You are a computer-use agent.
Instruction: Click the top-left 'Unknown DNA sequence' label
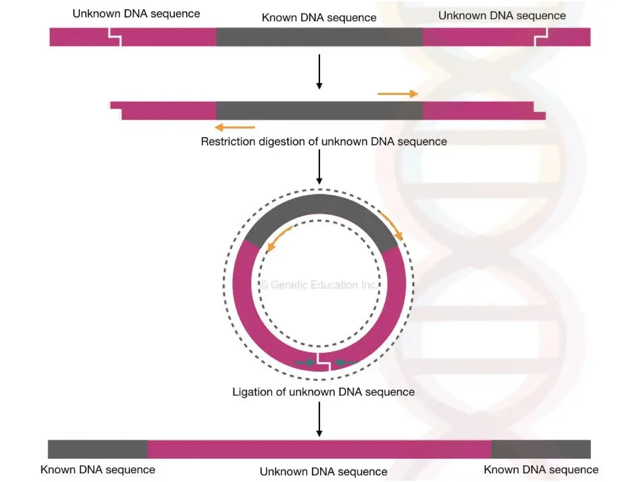[x=136, y=14]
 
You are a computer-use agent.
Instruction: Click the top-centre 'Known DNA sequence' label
[x=319, y=18]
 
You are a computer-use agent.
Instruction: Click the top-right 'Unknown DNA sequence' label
[x=502, y=15]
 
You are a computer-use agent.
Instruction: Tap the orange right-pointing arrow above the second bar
[x=397, y=94]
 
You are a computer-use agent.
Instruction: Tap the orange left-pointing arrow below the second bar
[x=235, y=127]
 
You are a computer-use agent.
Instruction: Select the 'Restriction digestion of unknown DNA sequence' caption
[x=324, y=142]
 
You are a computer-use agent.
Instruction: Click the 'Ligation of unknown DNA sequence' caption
[x=323, y=392]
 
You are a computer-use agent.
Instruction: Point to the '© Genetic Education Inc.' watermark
[x=318, y=285]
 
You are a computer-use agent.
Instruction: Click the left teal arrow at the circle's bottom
[x=305, y=362]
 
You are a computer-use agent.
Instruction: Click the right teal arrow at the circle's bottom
[x=345, y=363]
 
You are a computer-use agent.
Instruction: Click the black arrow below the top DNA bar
[x=319, y=72]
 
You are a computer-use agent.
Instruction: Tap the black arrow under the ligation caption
[x=319, y=419]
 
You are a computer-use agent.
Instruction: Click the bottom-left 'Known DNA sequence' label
[x=98, y=470]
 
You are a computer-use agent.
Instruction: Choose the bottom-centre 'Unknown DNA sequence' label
[x=323, y=472]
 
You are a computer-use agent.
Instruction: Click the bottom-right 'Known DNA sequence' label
[x=541, y=470]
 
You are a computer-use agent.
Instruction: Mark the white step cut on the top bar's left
[x=115, y=37]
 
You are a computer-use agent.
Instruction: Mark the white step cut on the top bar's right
[x=541, y=37]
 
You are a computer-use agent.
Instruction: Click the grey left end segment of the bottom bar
[x=97, y=449]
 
